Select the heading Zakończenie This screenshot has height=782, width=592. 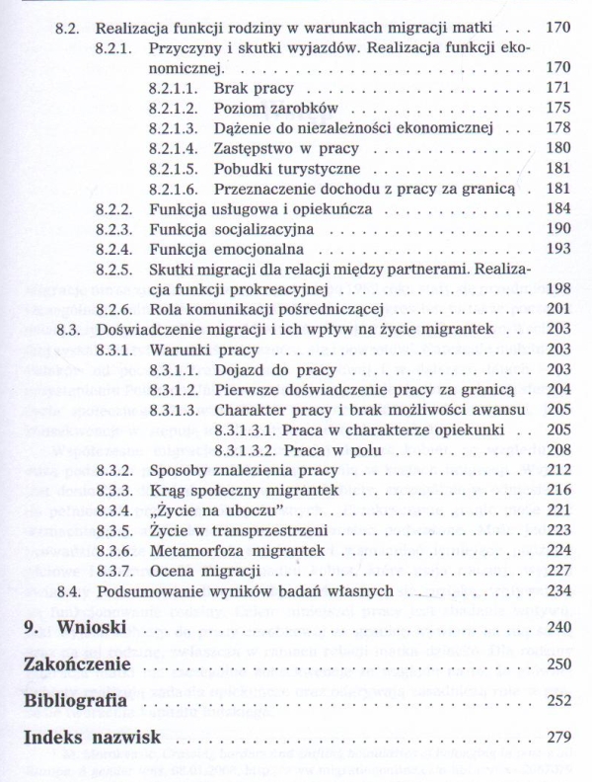(x=78, y=664)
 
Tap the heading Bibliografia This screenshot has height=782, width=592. (x=76, y=700)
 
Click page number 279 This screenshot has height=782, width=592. (x=557, y=737)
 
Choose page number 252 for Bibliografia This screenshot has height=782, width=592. (x=557, y=701)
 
